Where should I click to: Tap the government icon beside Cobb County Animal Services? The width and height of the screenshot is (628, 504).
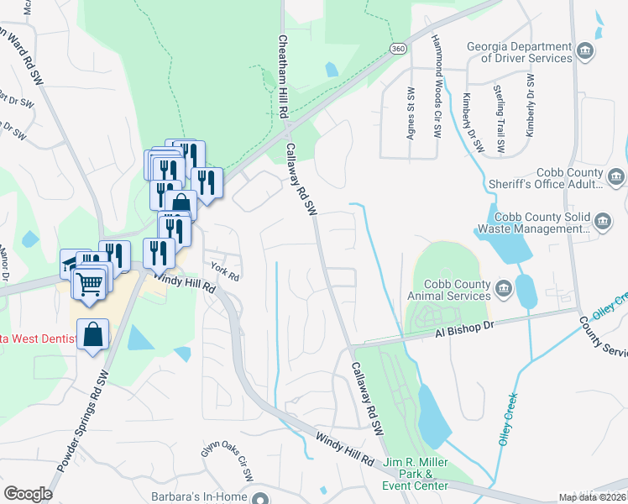(x=504, y=290)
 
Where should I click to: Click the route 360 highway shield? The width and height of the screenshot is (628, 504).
(x=398, y=50)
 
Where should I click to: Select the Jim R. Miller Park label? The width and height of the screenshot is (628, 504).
(x=416, y=474)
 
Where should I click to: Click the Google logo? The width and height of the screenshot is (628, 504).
(x=28, y=494)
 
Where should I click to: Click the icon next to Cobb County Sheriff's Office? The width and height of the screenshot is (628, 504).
(x=616, y=177)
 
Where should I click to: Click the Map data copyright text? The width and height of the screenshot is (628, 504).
(x=592, y=497)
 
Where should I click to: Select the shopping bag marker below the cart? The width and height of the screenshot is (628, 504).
(x=93, y=335)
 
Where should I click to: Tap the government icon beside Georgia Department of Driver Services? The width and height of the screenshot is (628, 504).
(x=587, y=51)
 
